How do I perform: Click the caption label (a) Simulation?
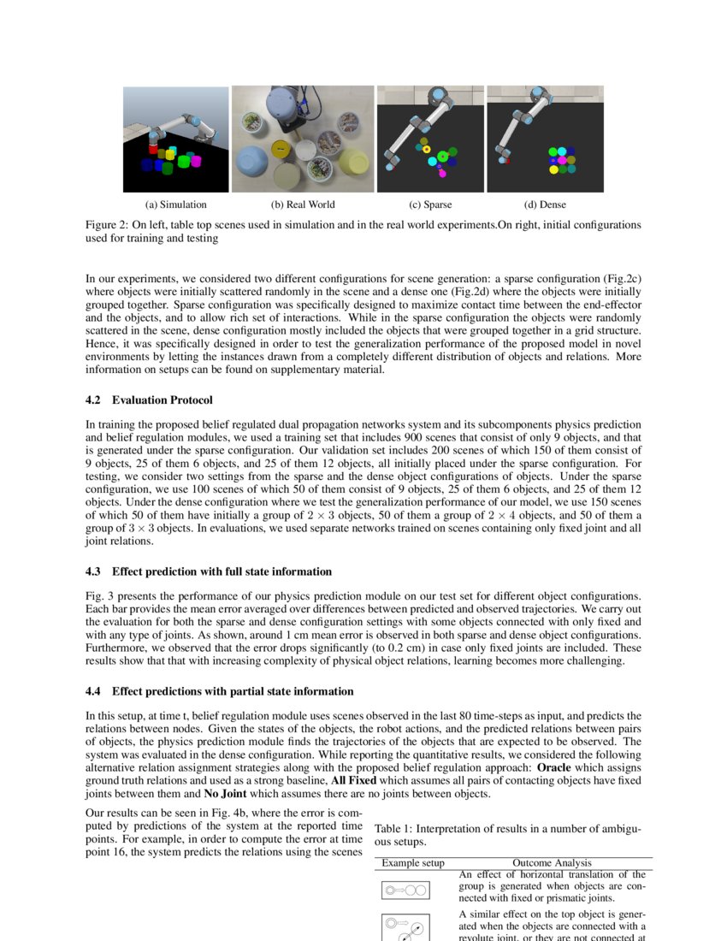[175, 204]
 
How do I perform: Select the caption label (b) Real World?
[303, 204]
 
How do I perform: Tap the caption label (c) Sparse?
[430, 204]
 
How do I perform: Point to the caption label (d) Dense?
[545, 204]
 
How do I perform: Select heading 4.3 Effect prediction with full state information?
[209, 571]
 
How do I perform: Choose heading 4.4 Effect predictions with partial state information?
[219, 691]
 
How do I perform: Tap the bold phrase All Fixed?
[353, 781]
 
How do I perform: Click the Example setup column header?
[413, 863]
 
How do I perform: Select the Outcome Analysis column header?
[552, 863]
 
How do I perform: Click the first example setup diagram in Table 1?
[405, 891]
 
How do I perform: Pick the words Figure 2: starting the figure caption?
[107, 224]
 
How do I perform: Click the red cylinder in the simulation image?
[153, 149]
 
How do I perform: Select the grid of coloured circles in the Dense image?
[562, 160]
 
